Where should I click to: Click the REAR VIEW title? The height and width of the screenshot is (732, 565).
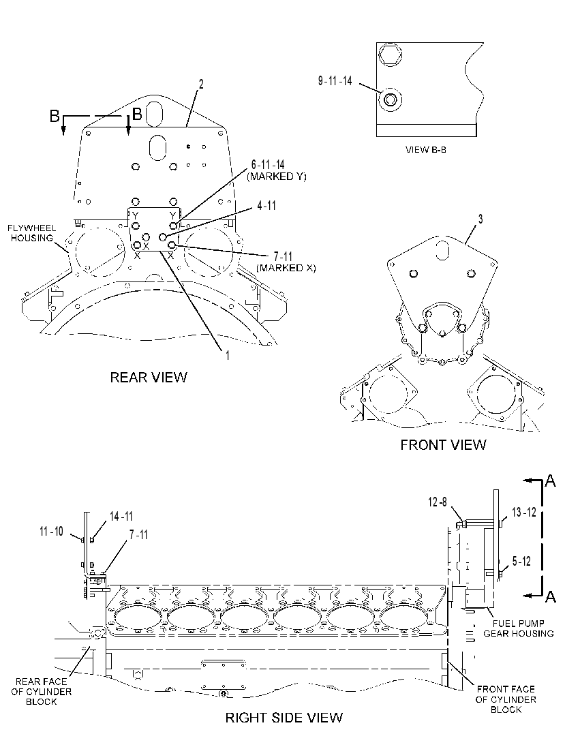tap(149, 377)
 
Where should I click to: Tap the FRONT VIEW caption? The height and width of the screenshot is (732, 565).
tap(443, 444)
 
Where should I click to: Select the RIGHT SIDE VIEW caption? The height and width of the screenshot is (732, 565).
tap(284, 718)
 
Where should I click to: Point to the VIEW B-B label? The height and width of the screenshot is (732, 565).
tap(425, 150)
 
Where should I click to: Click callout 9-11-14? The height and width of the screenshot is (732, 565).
tap(335, 80)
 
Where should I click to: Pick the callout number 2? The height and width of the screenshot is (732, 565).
tap(201, 84)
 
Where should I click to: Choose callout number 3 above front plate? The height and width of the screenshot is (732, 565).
tap(480, 219)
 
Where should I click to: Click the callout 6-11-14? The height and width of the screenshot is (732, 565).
tap(268, 164)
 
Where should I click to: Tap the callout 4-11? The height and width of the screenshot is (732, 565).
tap(266, 205)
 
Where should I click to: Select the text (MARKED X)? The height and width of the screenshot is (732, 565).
tap(286, 268)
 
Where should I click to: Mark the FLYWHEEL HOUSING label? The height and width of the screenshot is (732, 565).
tap(32, 233)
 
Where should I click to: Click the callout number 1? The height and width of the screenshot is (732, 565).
tap(228, 356)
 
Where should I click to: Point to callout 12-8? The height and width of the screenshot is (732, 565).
tap(438, 502)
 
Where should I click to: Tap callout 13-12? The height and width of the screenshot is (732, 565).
tap(524, 512)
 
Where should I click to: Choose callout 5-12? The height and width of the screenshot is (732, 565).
tap(521, 561)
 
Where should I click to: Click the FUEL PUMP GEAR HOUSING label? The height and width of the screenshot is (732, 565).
tap(518, 628)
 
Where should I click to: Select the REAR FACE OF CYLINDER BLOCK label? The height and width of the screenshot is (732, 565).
tap(41, 691)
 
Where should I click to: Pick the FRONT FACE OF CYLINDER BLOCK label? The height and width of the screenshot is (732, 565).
tap(506, 699)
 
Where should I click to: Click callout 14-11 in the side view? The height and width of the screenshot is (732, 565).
tap(121, 517)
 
